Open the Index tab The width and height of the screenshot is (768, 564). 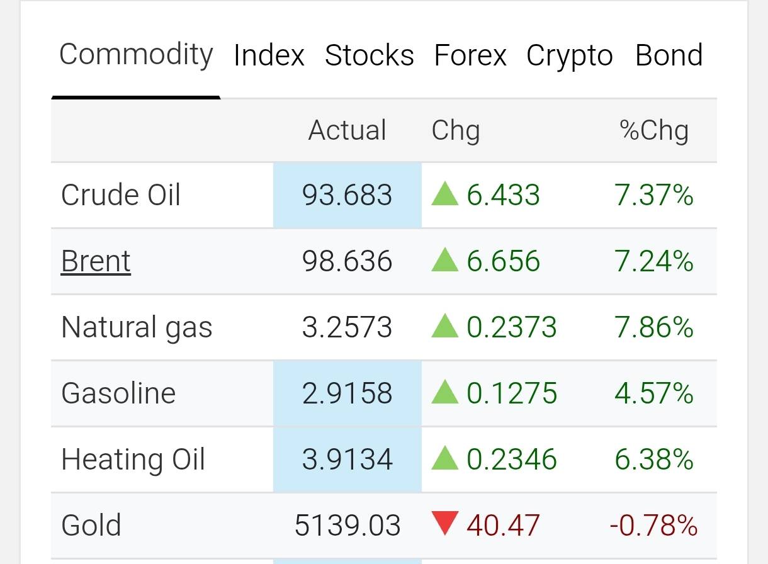269,55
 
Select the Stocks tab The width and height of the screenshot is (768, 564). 370,55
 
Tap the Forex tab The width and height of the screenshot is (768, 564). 470,55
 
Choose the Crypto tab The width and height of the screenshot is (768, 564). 570,56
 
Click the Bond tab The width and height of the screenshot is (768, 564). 669,55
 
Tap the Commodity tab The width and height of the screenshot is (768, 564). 136,55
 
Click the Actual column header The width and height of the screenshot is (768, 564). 347,130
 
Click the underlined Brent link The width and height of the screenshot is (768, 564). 96,261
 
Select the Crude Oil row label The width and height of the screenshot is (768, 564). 120,195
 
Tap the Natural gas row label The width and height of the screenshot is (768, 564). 137,328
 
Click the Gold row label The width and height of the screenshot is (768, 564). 91,525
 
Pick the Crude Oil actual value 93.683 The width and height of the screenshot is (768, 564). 347,195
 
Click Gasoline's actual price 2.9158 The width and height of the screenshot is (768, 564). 347,393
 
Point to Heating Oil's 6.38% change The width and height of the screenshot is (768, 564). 654,459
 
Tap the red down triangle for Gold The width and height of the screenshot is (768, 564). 444,523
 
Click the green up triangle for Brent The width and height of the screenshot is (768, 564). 444,259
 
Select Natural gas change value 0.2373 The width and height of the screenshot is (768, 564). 512,327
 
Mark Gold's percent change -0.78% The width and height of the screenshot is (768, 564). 653,525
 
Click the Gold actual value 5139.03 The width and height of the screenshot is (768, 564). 347,525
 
